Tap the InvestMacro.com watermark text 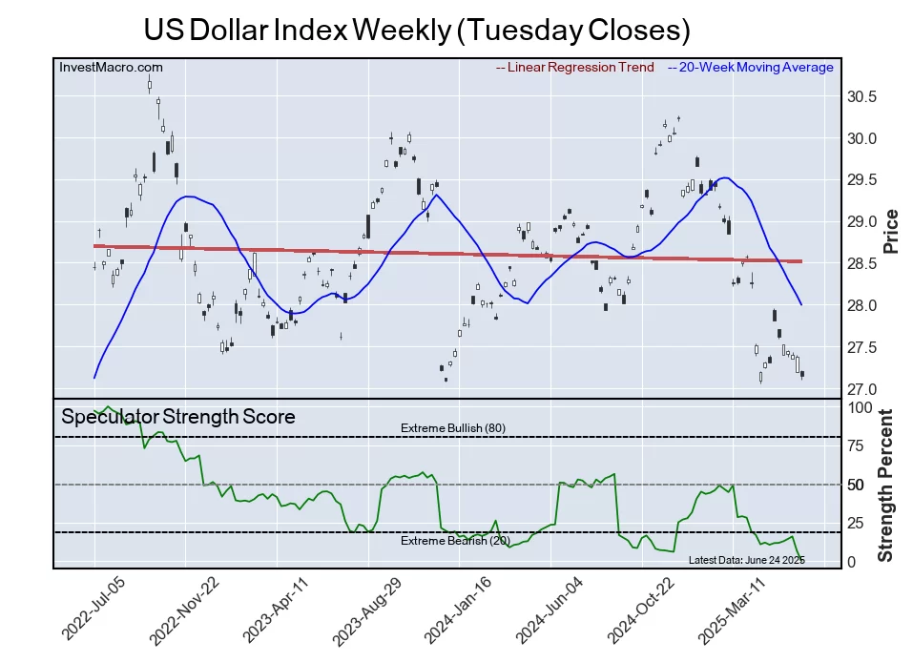(111, 67)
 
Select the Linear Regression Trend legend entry (575, 67)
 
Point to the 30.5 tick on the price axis (862, 96)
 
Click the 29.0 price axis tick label (862, 222)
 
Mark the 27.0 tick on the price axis (862, 389)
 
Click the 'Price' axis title (892, 231)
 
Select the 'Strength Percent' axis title (886, 485)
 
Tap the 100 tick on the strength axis (861, 406)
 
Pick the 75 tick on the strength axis (858, 445)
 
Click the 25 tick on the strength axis (858, 523)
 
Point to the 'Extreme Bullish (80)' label (453, 428)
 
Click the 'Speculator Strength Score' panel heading (178, 417)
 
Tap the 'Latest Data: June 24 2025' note (746, 559)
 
